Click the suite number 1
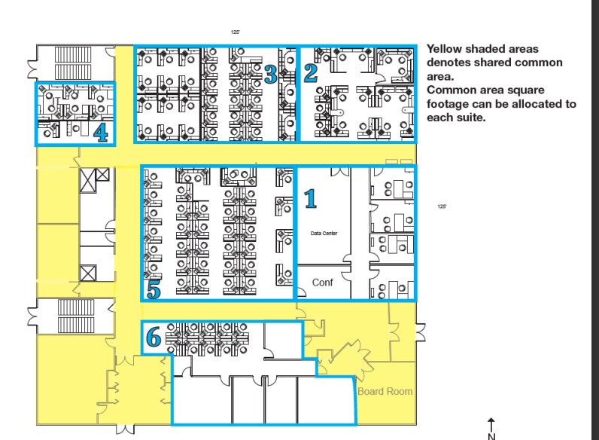[x=309, y=198]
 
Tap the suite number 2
[x=310, y=72]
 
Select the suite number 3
[x=271, y=73]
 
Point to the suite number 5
[x=154, y=289]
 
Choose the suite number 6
[x=154, y=338]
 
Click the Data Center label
[x=324, y=234]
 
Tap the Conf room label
[x=322, y=283]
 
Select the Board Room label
[x=385, y=391]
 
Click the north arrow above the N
[x=491, y=424]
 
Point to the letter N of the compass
[x=491, y=435]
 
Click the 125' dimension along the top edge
[x=236, y=32]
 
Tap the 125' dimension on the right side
[x=442, y=206]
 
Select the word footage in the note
[x=449, y=104]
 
